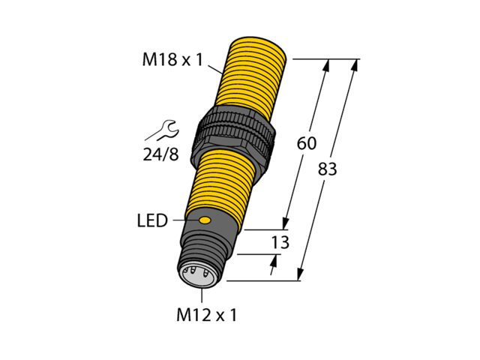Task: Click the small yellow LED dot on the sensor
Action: click(204, 220)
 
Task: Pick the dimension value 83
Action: click(328, 169)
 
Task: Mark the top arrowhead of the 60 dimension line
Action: click(327, 65)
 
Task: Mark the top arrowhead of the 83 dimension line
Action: click(353, 65)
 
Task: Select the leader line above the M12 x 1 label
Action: click(202, 294)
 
